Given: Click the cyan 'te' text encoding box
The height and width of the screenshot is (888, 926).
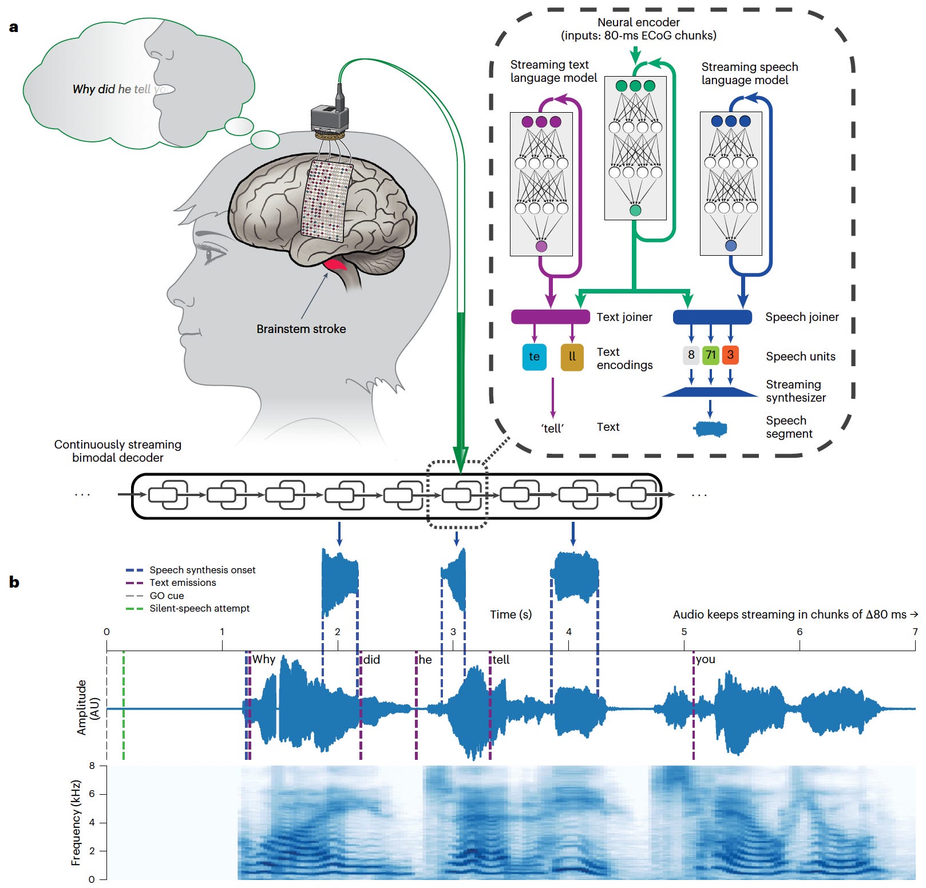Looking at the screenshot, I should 534,356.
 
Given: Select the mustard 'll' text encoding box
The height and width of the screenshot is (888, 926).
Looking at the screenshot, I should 572,356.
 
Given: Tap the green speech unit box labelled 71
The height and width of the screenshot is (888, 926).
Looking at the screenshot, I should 710,355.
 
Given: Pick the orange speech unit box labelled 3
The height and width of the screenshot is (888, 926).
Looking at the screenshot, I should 730,355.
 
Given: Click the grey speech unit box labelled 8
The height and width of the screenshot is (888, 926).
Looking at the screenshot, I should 691,355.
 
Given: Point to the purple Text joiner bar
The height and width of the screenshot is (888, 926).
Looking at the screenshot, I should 550,317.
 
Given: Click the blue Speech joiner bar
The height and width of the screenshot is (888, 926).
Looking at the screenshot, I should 712,317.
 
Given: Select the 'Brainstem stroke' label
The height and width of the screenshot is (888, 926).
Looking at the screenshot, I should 301,329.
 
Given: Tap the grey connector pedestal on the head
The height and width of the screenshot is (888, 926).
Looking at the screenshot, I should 330,118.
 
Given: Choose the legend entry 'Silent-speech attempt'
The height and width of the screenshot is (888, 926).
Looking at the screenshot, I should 199,608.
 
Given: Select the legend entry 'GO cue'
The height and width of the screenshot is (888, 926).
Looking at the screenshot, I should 167,596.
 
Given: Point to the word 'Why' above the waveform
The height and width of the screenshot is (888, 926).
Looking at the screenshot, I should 264,659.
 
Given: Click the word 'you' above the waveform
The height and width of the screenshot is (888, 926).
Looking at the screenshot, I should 706,659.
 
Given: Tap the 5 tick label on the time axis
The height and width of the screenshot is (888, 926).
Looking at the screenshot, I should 684,632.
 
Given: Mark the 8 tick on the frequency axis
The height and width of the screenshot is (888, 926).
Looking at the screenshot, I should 92,766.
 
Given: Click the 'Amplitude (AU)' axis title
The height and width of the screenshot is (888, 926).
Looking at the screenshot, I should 88,707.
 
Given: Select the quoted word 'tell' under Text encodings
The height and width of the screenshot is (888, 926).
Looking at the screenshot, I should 552,428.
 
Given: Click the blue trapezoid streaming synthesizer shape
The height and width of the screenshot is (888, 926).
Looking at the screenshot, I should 710,392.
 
